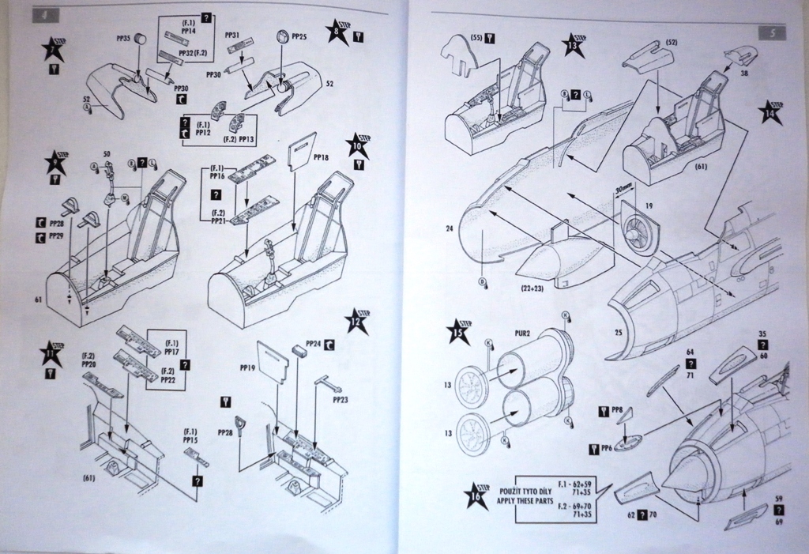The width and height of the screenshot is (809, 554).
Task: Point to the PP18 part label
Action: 321,158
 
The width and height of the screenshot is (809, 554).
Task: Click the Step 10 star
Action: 358,145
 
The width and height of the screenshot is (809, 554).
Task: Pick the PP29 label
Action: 56,236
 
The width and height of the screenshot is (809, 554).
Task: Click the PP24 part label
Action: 312,344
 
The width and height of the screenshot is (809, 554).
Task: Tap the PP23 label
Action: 340,400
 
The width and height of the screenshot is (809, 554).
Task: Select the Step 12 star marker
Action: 356,322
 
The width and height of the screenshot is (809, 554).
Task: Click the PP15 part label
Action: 190,439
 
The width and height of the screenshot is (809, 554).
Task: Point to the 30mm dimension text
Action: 624,190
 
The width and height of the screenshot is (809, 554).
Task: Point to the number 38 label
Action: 744,72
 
